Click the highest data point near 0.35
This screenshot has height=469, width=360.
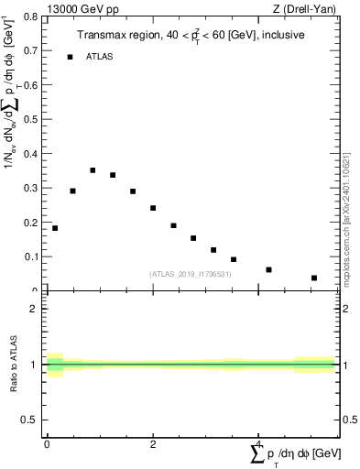point(93,170)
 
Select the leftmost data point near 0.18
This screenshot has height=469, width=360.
point(55,228)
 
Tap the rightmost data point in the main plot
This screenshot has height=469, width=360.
point(314,278)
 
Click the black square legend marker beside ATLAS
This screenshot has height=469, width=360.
point(70,57)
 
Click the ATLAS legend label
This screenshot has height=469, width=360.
point(100,57)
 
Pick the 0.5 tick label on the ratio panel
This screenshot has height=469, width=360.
point(31,420)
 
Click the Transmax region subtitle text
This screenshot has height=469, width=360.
point(190,34)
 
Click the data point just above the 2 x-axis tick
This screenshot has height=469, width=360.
point(153,208)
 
